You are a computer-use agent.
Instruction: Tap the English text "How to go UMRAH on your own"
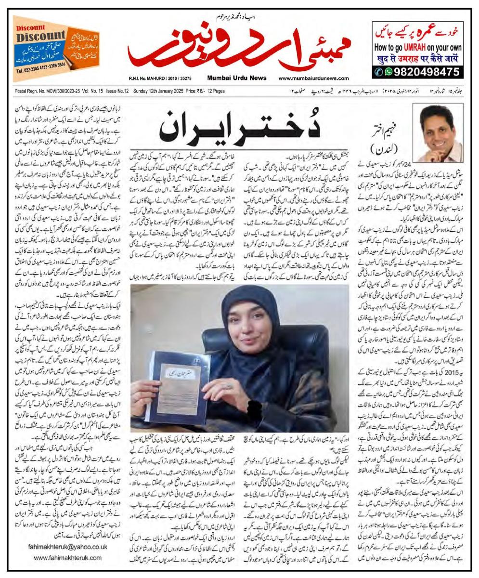418,48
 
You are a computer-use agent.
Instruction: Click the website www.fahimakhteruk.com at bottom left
67,558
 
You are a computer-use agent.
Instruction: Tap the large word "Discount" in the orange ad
41,36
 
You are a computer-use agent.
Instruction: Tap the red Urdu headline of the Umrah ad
418,32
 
